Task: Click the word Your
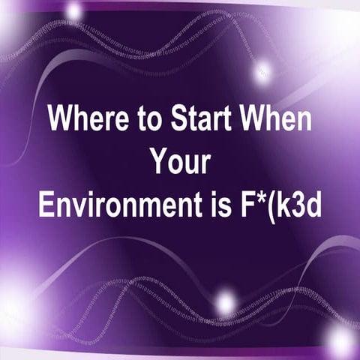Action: (x=180, y=160)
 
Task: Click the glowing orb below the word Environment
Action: (x=224, y=302)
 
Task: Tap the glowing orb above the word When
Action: (x=262, y=72)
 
